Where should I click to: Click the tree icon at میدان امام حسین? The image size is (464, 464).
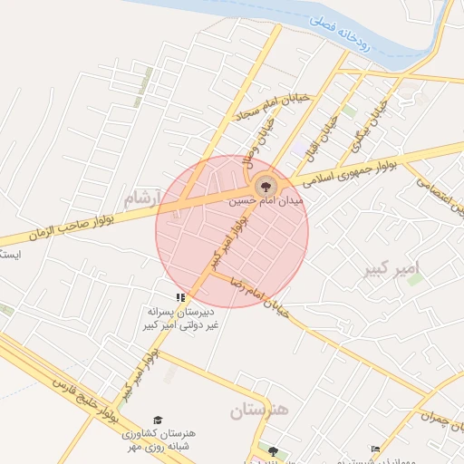(x=265, y=187)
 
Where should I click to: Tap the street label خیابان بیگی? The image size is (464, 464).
(x=370, y=125)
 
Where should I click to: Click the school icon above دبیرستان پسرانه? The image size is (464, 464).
(x=181, y=296)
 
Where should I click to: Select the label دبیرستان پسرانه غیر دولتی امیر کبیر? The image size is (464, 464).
(x=181, y=318)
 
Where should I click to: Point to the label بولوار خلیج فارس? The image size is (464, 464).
(x=86, y=399)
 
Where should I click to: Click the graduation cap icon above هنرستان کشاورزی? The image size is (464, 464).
(x=159, y=420)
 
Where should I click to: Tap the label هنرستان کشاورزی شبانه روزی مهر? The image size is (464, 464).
(x=158, y=440)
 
